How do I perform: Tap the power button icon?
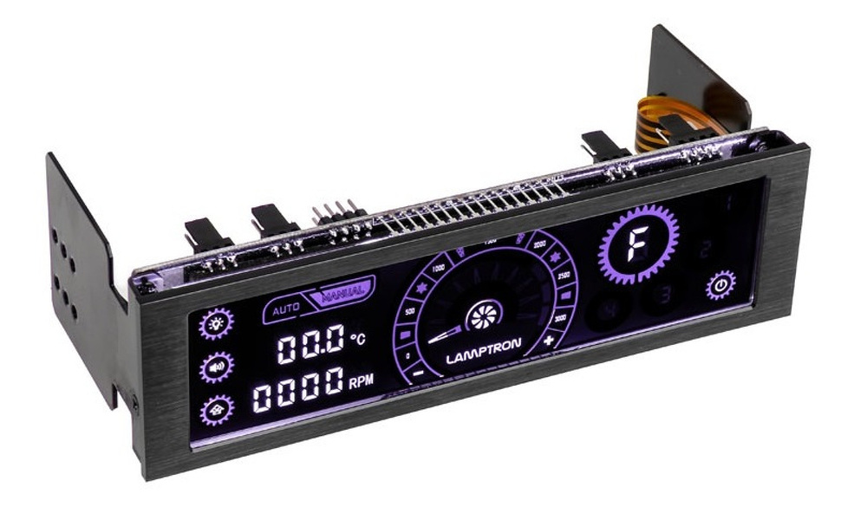click(x=720, y=285)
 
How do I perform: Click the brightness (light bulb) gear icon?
click(x=215, y=324)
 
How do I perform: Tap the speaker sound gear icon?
click(x=216, y=367)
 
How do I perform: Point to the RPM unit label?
click(x=361, y=380)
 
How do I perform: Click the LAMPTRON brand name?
click(x=483, y=357)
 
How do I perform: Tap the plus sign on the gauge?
click(x=548, y=341)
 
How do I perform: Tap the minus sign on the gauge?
click(x=418, y=373)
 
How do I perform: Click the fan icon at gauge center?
click(x=483, y=316)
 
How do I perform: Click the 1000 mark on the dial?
click(x=438, y=270)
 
